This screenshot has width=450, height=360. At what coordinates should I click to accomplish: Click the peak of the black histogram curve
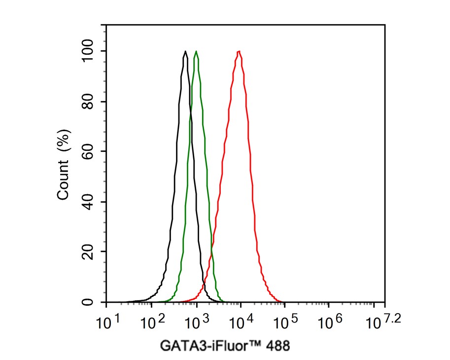pos(185,51)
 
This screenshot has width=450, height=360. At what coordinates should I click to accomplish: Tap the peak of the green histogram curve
pos(196,51)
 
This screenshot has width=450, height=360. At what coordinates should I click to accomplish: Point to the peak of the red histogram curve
pos(239,51)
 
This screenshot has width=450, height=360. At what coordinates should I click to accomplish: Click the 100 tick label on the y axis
pos(89,51)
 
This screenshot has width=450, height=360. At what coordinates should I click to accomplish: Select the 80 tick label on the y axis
pos(89,102)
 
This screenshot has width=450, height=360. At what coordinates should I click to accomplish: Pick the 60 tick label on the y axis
pos(89,151)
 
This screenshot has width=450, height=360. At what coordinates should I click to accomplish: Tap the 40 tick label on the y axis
pos(89,202)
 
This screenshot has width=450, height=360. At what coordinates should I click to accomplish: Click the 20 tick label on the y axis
pos(89,252)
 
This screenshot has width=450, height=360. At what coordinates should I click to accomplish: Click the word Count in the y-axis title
pos(63,182)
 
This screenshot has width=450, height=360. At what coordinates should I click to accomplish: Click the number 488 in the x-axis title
pos(279,346)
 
